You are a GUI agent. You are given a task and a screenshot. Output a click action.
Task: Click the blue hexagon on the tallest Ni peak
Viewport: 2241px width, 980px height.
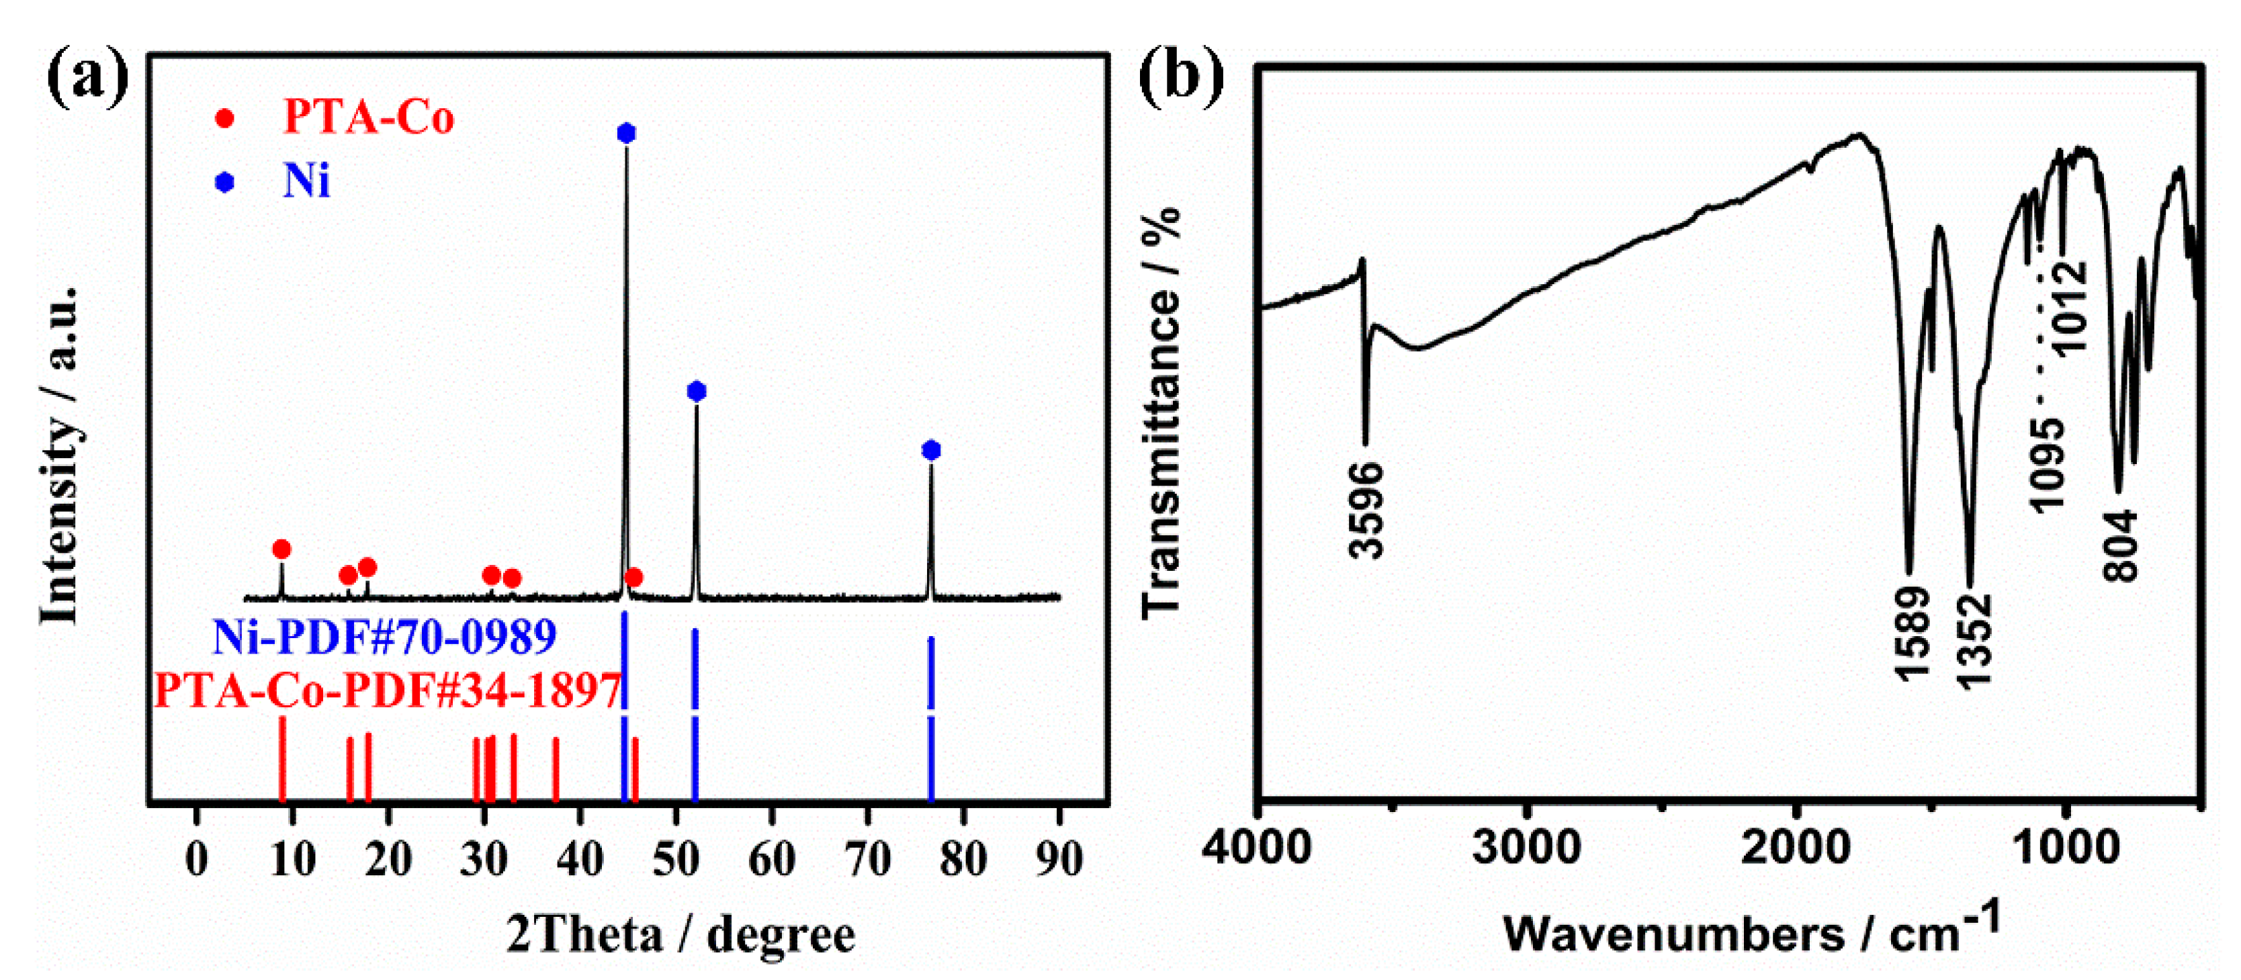(x=625, y=133)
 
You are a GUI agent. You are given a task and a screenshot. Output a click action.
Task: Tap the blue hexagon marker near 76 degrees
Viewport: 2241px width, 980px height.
(x=931, y=449)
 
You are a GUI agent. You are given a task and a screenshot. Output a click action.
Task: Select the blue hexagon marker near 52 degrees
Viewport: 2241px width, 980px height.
(x=696, y=392)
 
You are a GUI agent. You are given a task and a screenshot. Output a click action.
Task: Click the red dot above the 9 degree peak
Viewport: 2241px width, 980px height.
(x=281, y=549)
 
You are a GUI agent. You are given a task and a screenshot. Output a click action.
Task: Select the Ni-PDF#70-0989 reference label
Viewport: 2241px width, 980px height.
(x=384, y=637)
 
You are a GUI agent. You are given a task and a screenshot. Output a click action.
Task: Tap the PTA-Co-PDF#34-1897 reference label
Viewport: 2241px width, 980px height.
(x=387, y=691)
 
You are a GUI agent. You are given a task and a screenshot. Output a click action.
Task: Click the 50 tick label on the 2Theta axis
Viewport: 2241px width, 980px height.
(x=675, y=860)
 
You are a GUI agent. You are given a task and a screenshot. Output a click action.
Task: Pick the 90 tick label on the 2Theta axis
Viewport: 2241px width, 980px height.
(x=1059, y=860)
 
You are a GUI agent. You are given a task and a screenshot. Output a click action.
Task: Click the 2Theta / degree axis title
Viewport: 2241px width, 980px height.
(x=680, y=935)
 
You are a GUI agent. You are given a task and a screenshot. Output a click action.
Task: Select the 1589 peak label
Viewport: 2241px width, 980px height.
(x=1911, y=633)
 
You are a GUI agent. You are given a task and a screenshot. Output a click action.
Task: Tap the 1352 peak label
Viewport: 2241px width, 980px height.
(x=1973, y=641)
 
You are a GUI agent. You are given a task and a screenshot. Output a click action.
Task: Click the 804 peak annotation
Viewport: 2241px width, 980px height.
(x=2120, y=546)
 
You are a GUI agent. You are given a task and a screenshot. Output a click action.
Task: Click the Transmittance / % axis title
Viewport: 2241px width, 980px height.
(x=1161, y=413)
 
